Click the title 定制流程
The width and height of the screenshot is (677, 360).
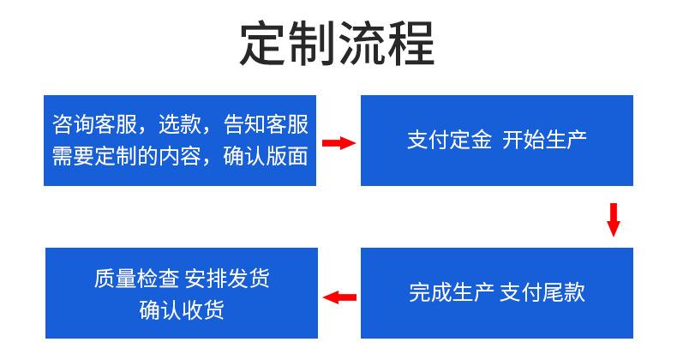click(x=337, y=44)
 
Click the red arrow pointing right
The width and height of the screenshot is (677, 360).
click(x=339, y=143)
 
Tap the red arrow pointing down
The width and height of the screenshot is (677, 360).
click(x=613, y=219)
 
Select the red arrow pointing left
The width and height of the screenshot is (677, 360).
click(x=339, y=297)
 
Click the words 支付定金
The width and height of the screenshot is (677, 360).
click(x=449, y=140)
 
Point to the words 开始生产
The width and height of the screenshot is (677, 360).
click(x=544, y=140)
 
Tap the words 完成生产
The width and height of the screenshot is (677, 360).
click(x=451, y=292)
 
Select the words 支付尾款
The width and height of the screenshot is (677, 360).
click(x=542, y=292)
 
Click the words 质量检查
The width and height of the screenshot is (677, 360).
click(x=136, y=278)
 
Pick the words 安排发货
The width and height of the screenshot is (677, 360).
click(x=228, y=278)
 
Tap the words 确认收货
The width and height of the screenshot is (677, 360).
click(x=182, y=309)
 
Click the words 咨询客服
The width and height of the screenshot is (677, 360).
click(x=94, y=124)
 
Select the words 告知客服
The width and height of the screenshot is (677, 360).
click(x=266, y=124)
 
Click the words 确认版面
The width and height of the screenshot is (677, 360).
click(x=266, y=156)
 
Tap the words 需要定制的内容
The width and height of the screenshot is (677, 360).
click(x=126, y=156)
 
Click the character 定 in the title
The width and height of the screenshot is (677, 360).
click(x=262, y=44)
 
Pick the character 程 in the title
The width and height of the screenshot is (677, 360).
click(x=411, y=44)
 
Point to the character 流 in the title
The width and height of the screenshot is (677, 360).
click(x=362, y=44)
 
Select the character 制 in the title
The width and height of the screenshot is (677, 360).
click(x=312, y=44)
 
